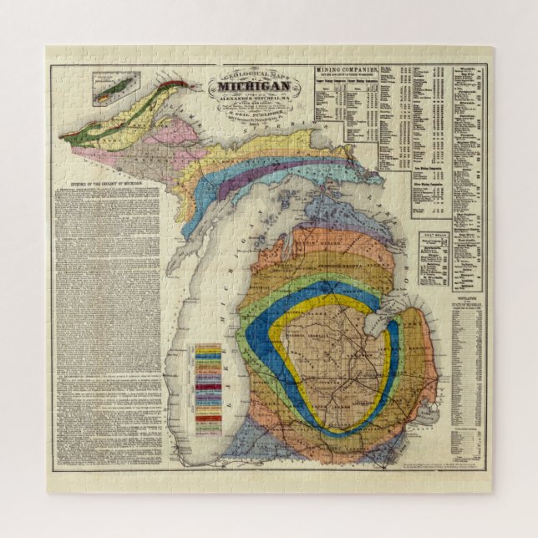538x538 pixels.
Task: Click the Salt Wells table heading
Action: (434, 236)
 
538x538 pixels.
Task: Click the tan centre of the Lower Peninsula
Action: (343, 368)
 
